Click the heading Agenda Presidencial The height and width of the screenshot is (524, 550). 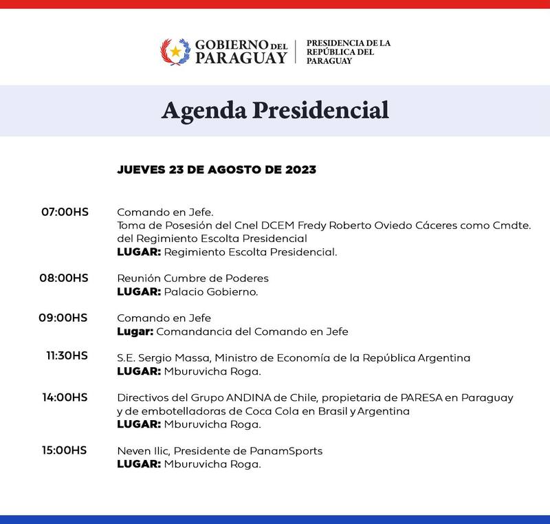click(x=274, y=111)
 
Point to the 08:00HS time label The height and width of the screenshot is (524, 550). click(x=65, y=278)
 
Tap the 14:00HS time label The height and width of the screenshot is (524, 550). click(x=65, y=397)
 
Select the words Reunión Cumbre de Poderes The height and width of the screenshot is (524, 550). click(x=192, y=279)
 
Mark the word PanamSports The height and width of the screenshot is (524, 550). click(x=291, y=451)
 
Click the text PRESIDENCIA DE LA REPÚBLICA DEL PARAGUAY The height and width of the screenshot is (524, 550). click(x=348, y=52)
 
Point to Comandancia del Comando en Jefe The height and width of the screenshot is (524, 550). click(x=253, y=331)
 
